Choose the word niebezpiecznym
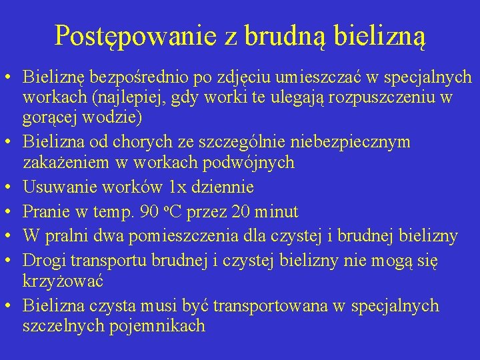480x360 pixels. tap(353, 143)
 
